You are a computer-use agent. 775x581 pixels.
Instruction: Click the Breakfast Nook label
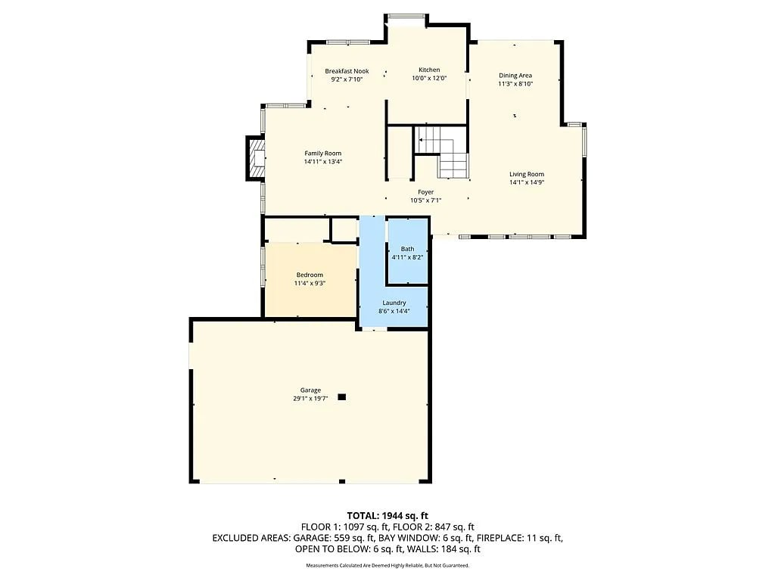347,71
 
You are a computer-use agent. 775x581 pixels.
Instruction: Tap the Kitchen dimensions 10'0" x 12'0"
429,78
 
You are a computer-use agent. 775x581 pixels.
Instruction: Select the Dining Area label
515,76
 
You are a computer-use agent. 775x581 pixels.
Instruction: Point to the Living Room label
527,174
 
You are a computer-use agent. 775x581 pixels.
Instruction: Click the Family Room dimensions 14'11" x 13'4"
322,162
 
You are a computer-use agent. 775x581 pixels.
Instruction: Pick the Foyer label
425,192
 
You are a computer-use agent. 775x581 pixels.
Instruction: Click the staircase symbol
441,151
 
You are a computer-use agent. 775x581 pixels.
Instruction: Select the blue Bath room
408,251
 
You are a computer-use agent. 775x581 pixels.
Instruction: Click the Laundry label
394,303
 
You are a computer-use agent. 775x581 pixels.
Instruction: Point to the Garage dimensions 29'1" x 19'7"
310,398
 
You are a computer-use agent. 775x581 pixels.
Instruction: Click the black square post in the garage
341,396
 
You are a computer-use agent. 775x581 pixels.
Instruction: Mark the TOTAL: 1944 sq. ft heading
387,516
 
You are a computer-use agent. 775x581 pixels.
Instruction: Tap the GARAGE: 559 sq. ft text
334,538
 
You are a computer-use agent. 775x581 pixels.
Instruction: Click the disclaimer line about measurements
387,565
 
